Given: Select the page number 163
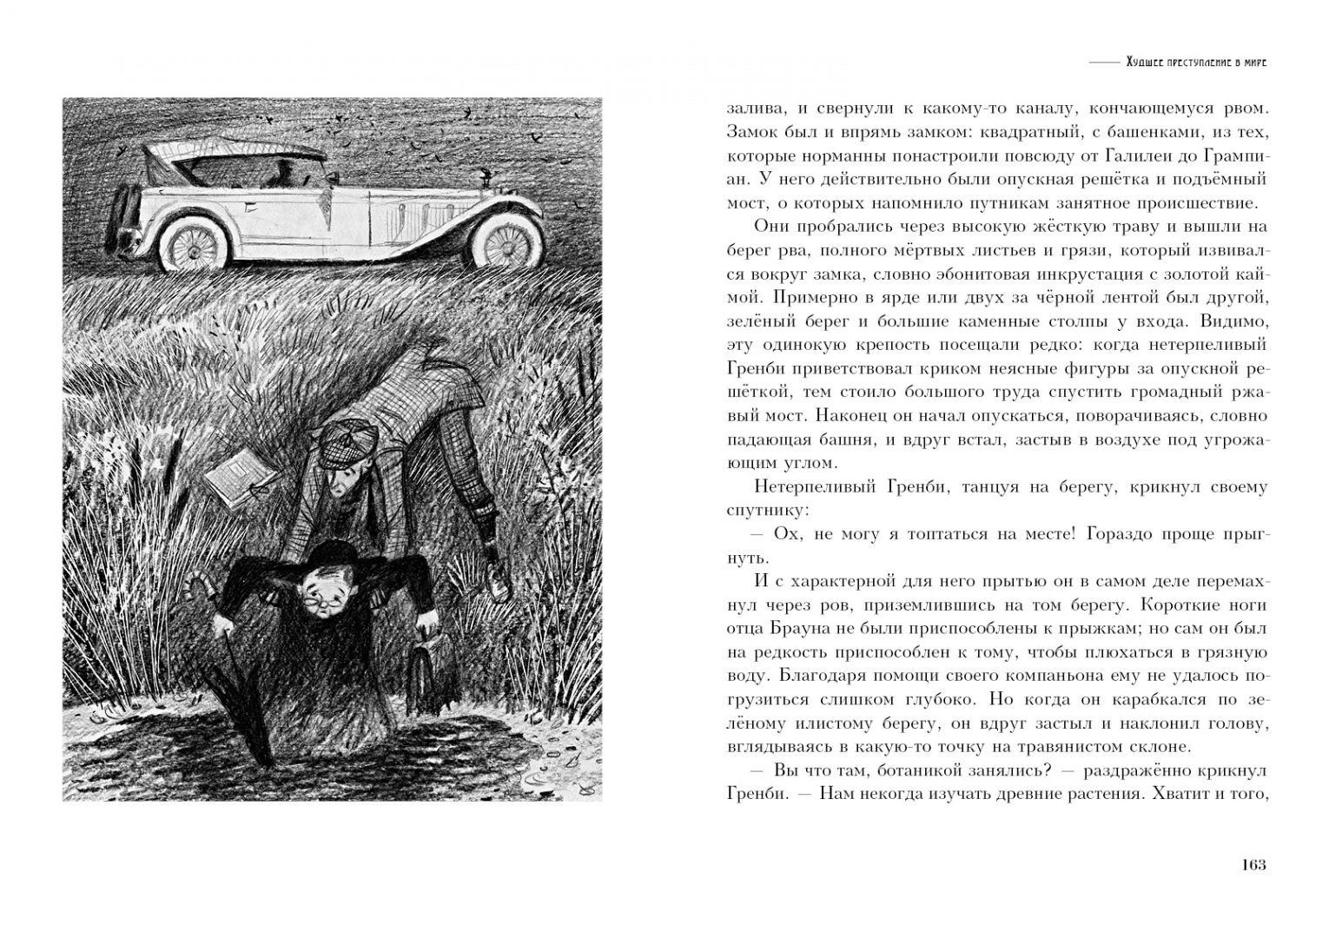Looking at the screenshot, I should (1253, 864).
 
